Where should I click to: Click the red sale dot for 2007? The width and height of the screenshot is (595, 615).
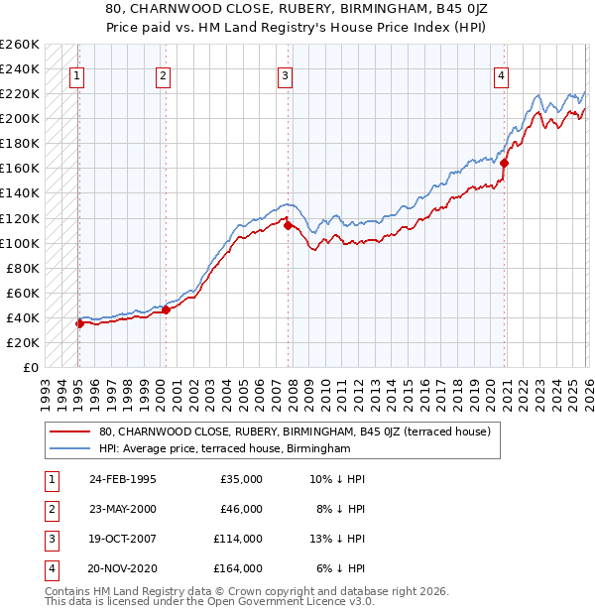coord(289,225)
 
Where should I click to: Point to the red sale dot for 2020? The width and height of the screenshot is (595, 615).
coord(505,163)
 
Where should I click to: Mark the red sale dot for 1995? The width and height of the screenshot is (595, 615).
coord(79,323)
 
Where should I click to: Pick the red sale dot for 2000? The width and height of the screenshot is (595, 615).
coord(166,309)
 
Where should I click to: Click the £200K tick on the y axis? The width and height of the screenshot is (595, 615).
coord(20,118)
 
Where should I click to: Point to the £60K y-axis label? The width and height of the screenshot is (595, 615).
coord(23,293)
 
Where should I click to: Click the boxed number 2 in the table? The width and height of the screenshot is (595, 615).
coord(50,508)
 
